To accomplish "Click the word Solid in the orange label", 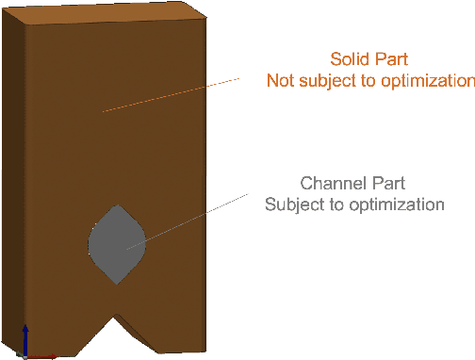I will pyautogui.click(x=347, y=58).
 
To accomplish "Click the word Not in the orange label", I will pyautogui.click(x=282, y=81).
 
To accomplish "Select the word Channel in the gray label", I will pyautogui.click(x=329, y=183).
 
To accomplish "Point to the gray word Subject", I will pyautogui.click(x=293, y=204).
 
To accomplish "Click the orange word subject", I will pyautogui.click(x=331, y=81).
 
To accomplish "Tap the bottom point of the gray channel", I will pyautogui.click(x=118, y=285).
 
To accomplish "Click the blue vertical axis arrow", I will pyautogui.click(x=25, y=338).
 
